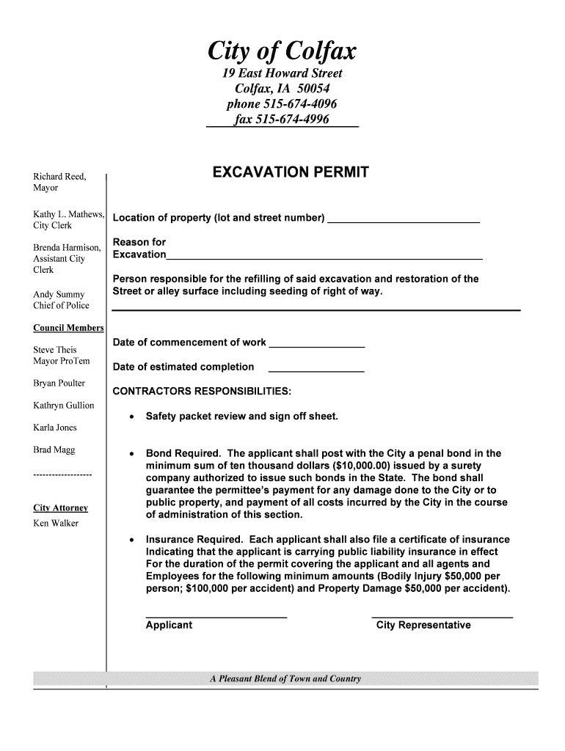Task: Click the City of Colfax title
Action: pos(282,51)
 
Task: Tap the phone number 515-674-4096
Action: pos(282,104)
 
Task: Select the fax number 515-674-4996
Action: pos(282,120)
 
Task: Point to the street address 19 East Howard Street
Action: pos(282,74)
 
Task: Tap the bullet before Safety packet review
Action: pos(131,418)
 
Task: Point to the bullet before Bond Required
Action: pos(131,454)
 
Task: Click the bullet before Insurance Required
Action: pos(131,541)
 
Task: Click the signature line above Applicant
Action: pos(216,617)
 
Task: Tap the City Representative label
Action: pos(423,626)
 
